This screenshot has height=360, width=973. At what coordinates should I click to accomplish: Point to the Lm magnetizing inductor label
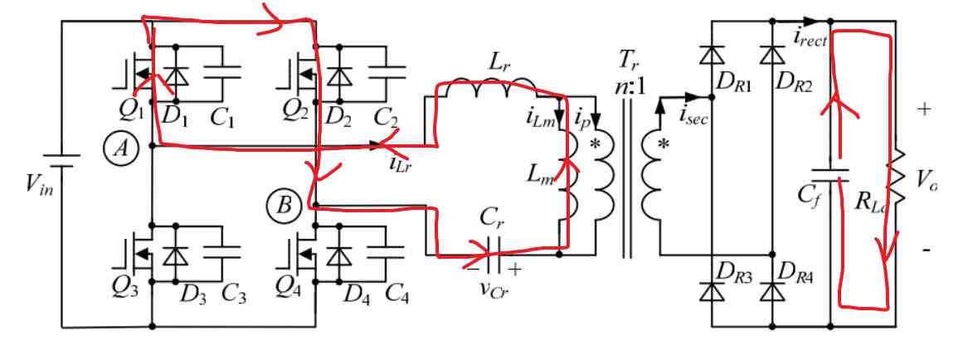[539, 174]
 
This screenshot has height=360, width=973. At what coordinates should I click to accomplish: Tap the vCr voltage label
[494, 287]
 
